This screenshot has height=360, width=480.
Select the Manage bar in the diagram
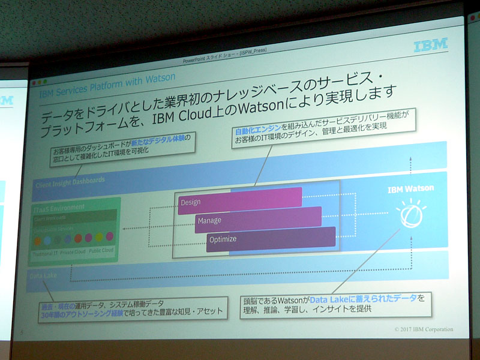258,219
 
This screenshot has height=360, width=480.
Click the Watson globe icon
409,215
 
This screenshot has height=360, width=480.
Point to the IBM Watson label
410,188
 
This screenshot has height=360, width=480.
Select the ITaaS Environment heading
59,208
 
